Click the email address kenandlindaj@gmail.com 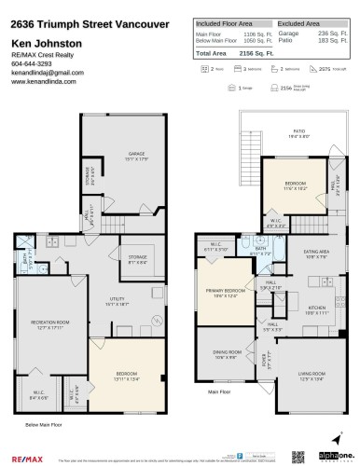pos(47,72)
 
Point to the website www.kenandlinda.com pos(44,81)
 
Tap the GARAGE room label pos(136,153)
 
